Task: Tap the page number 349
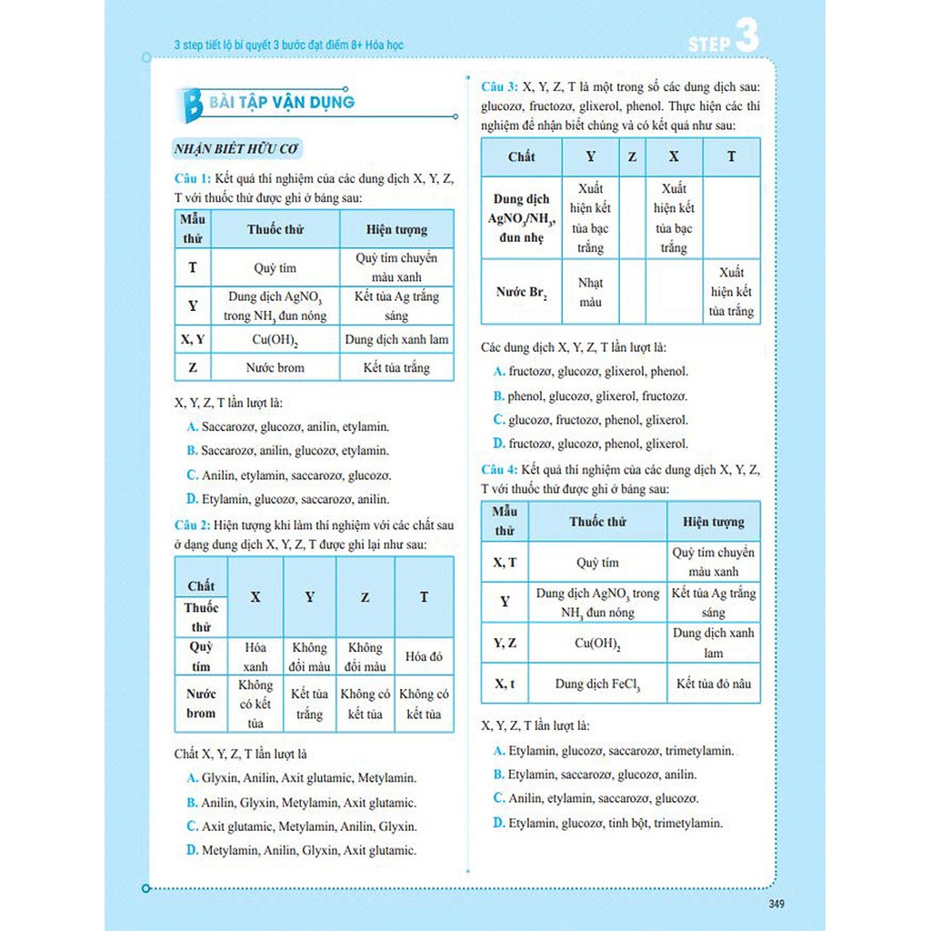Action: (x=776, y=904)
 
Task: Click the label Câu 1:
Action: (x=193, y=178)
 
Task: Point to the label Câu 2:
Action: (x=193, y=526)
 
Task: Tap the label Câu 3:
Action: (x=499, y=87)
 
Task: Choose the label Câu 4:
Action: (x=499, y=469)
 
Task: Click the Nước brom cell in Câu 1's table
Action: (x=275, y=368)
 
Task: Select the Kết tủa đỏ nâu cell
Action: (x=714, y=684)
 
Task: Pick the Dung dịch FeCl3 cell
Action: (x=597, y=684)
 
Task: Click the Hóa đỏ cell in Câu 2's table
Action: (x=424, y=656)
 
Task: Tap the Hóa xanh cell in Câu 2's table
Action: (x=255, y=656)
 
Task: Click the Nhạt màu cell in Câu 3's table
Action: (x=590, y=292)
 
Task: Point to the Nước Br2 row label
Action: (x=521, y=293)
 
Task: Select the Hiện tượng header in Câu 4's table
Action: (x=714, y=522)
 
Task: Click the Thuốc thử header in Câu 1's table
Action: (x=275, y=229)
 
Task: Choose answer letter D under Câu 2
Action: (x=192, y=851)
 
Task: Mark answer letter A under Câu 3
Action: (x=499, y=372)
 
